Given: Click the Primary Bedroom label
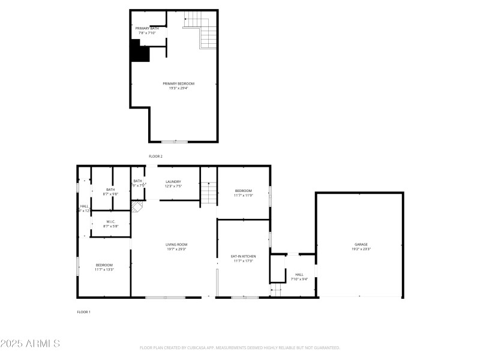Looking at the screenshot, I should tap(179, 83).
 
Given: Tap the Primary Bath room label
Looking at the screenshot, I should tap(147, 28).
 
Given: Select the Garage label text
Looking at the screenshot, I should tap(361, 244).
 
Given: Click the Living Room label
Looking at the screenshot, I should tap(177, 244).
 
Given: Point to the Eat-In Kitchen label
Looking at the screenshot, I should tap(243, 256).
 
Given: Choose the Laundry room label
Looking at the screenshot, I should tap(173, 181).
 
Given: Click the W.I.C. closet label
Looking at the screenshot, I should tap(111, 222).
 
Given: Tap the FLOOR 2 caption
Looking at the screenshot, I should tap(155, 156).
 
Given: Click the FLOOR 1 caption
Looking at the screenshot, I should tap(83, 312).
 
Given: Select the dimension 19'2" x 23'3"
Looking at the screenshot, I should tap(361, 249).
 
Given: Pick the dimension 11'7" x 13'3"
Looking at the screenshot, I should tap(104, 269).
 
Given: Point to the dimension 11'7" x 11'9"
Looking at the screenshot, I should tap(243, 195).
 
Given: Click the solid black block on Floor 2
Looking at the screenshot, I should tap(140, 51).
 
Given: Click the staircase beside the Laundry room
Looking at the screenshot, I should tap(208, 192).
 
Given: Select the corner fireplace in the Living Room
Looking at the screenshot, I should tap(137, 207).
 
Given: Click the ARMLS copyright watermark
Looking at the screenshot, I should tap(30, 344).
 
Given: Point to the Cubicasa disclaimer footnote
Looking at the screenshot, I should tap(240, 347).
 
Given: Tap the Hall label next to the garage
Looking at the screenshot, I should tap(299, 274).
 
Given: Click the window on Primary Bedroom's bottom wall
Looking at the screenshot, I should tap(175, 142).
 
